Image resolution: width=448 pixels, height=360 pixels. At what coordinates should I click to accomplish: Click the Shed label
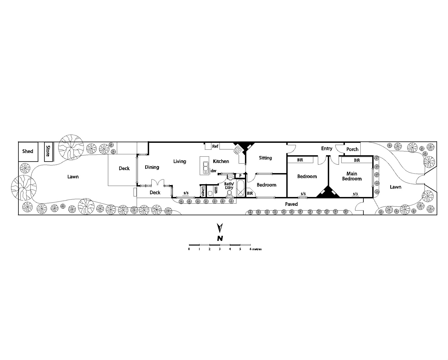coord(28,151)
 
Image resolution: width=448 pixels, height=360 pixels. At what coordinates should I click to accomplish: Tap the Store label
coord(48,151)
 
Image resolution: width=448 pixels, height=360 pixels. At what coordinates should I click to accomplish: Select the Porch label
coord(352,149)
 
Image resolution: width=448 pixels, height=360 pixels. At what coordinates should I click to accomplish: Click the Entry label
coord(327,148)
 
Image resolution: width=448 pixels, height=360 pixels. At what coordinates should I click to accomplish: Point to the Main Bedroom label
coord(352,176)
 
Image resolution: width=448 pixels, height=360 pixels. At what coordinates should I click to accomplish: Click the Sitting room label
coord(265,158)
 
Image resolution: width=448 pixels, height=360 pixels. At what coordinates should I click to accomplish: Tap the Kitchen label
coord(221,161)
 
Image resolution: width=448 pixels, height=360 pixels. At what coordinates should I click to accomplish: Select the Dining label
coord(152,167)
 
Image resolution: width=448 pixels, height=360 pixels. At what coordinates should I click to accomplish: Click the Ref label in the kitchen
coord(215,146)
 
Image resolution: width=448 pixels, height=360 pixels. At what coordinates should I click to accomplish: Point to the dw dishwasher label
coord(214,171)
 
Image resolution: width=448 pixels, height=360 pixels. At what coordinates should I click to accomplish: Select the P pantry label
coord(240,176)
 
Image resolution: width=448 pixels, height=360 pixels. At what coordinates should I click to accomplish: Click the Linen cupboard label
coord(203,191)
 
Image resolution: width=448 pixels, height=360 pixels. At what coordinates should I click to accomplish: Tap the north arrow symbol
coord(220,228)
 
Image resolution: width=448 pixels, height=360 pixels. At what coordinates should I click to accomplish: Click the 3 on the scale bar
coord(220,249)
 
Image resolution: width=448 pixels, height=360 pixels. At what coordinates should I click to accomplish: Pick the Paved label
coord(291,204)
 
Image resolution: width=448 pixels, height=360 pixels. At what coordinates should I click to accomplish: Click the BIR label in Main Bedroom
coord(357,161)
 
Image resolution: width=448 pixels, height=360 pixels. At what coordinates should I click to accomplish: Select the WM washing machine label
coord(216,191)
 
